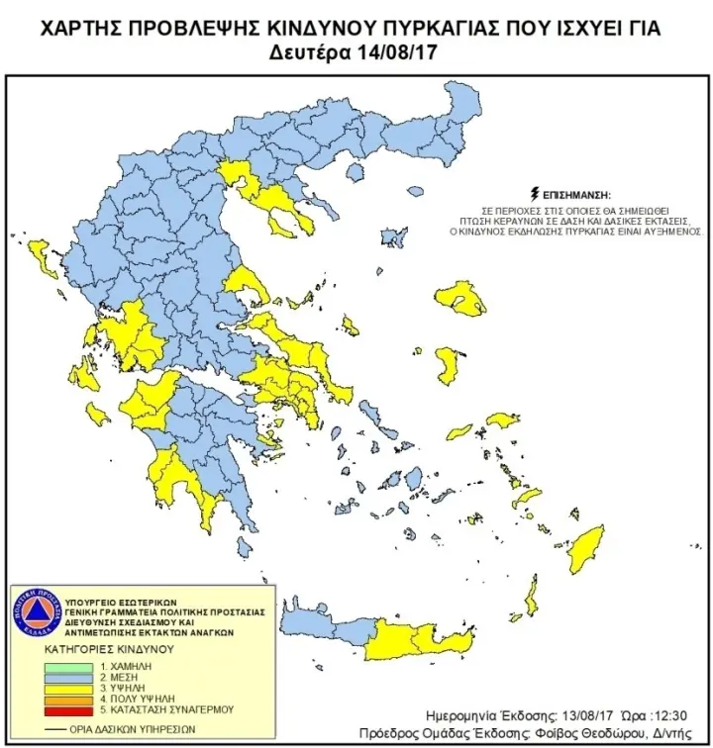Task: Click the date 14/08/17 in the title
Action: click(x=388, y=52)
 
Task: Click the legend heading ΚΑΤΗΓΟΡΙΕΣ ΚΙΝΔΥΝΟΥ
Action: click(x=109, y=650)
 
